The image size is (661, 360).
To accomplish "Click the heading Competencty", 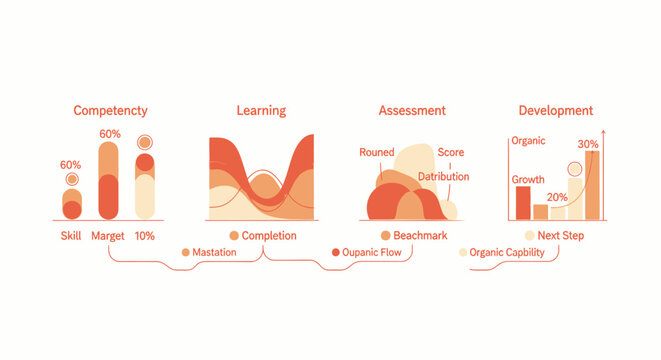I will pos(111,111).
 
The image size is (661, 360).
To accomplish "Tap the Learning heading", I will pos(261,111).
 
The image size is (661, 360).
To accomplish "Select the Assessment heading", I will pos(412,111).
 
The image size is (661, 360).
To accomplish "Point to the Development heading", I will pos(555,111).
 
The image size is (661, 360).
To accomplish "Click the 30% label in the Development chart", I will pos(588,144).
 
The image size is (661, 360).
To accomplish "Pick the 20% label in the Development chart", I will pos(557,198).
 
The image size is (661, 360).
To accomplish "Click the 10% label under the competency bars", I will pos(145,236).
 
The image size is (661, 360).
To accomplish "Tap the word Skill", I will pos(70,236).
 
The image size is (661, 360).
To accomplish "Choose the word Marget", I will pos(108,236).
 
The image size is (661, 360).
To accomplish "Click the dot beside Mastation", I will pos(185,253).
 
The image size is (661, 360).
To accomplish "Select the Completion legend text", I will pos(269,236).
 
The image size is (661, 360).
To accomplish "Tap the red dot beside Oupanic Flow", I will pos(336,253).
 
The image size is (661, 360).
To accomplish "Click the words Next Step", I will pos(561,236).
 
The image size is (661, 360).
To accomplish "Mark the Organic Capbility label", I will pos(507,253).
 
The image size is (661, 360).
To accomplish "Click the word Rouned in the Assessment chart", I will pos(378,153).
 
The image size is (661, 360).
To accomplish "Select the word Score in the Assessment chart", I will pos(451,153).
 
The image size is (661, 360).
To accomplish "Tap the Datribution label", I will pos(444,177).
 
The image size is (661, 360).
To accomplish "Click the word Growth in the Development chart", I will pos(528,180).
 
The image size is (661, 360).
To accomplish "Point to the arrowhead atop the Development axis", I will pos(603,133).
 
